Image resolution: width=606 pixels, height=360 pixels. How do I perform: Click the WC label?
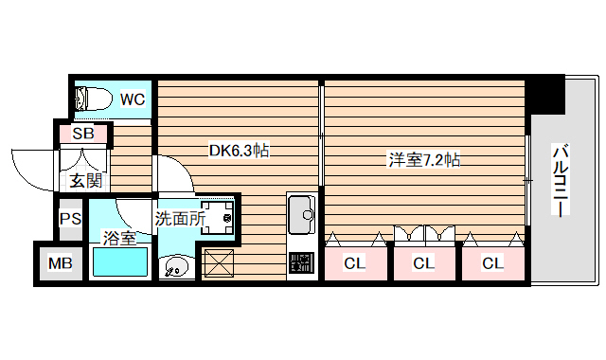coord(132,98)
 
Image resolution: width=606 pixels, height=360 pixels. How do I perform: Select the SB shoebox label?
coord(83,134)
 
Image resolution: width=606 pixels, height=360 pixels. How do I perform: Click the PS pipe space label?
coord(70,220)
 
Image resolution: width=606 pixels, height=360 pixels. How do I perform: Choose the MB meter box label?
coord(61,263)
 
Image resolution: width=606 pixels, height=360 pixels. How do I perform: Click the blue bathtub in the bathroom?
coord(120,261)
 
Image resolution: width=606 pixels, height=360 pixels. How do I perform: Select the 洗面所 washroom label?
coord(180,218)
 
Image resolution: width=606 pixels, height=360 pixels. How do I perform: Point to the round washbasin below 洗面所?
coord(175,269)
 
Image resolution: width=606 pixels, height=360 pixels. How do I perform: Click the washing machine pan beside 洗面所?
coord(219,217)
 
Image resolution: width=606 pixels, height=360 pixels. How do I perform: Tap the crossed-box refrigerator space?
coord(219,262)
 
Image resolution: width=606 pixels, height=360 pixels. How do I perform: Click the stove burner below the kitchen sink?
coord(302,262)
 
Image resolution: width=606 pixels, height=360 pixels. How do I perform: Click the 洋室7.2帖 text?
coord(423,159)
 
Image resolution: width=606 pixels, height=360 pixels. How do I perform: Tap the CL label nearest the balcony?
coord(491,263)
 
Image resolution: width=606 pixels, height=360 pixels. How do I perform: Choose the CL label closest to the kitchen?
coord(354,263)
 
